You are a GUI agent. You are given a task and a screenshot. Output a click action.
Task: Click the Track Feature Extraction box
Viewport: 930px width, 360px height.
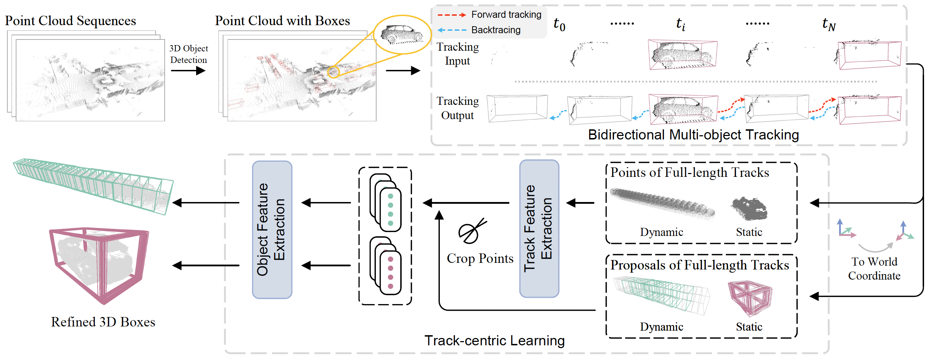coord(539,229)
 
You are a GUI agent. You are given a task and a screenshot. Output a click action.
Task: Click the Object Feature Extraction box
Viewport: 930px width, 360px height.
coord(272,230)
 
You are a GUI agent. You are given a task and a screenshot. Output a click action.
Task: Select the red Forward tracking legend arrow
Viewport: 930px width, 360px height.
coord(451,15)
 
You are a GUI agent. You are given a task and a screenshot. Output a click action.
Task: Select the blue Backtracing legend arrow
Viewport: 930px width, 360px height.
coord(451,30)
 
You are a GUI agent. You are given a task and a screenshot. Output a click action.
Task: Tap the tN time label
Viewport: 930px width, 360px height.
coord(829,24)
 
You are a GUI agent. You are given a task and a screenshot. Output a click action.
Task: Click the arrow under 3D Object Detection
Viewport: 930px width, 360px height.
coord(188,70)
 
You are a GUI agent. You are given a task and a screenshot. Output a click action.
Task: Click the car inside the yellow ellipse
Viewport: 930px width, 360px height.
coord(402,34)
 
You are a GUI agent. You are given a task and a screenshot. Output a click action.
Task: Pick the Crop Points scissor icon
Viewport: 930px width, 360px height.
coord(472,231)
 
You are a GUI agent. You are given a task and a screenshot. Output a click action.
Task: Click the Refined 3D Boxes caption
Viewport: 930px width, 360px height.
coord(103,322)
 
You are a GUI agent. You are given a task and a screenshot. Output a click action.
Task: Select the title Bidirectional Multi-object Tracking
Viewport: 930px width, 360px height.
coord(693,135)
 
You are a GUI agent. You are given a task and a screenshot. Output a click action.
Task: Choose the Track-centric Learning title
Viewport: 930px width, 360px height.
coord(494,340)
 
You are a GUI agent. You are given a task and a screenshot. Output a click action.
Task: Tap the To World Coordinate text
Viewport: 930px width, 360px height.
coord(874,269)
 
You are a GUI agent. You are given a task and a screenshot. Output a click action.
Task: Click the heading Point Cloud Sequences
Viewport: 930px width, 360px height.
coord(70,21)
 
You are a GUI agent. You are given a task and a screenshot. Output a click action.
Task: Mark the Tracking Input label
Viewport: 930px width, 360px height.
coord(457,54)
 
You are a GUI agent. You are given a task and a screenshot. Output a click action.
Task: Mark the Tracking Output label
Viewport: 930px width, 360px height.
coord(457,108)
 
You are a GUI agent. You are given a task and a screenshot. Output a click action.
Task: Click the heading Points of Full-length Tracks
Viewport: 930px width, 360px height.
coord(689,172)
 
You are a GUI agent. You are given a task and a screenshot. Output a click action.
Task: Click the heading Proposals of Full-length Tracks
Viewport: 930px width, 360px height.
coord(699,265)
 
